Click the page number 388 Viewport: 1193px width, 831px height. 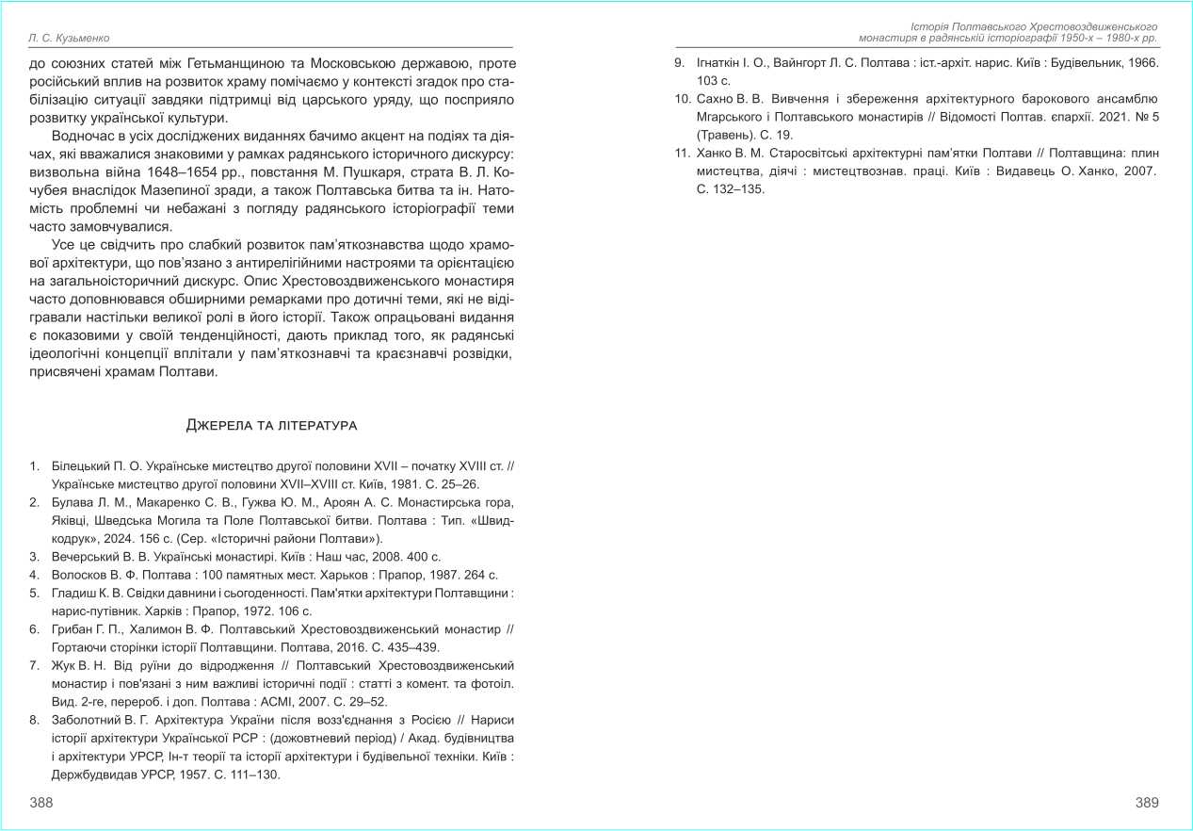(x=41, y=802)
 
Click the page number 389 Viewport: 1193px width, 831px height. (x=1147, y=802)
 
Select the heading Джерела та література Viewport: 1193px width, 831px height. (x=272, y=426)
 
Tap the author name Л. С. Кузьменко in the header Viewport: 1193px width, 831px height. (x=70, y=38)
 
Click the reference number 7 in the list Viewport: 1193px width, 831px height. (x=34, y=666)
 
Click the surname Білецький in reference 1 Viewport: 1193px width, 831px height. (x=80, y=466)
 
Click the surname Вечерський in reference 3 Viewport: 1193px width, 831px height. (x=85, y=557)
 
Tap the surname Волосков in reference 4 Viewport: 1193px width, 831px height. (x=81, y=575)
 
